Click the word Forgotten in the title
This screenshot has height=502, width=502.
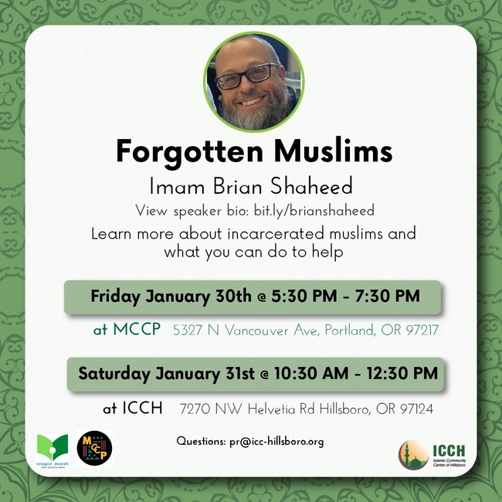(180, 151)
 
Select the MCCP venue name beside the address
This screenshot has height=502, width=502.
(137, 330)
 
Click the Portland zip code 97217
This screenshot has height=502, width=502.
(419, 331)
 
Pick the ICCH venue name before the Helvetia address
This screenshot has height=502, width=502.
(143, 408)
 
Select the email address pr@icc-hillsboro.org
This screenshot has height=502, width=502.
(276, 442)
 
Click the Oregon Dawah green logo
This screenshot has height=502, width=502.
(52, 448)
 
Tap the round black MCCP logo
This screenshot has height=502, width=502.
(94, 448)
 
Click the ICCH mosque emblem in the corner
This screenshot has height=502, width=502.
(414, 454)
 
